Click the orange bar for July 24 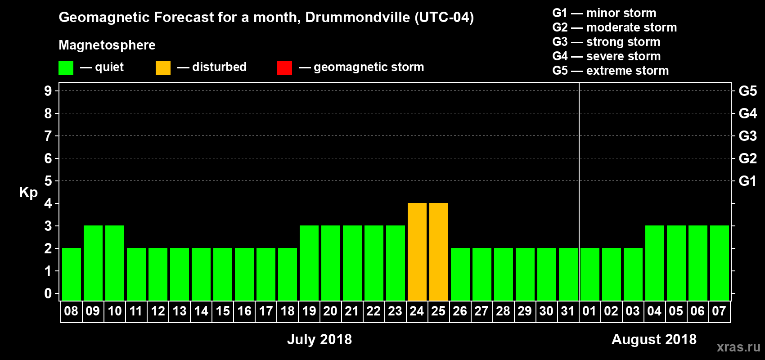point(417,252)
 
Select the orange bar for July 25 point(439,252)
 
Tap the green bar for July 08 point(72,274)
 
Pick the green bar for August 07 point(720,263)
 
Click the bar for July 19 point(309,263)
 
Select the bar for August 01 point(590,274)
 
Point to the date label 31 point(568,311)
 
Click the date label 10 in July point(115,311)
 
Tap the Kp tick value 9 point(48,91)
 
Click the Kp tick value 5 point(48,181)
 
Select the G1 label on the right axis point(747,181)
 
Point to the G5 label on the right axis point(747,91)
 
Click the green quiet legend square point(66,68)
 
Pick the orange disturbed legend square point(163,68)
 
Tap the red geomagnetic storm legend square point(285,68)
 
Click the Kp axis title point(28,192)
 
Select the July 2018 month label point(319,339)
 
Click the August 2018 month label point(654,339)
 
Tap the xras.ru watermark point(738,347)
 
